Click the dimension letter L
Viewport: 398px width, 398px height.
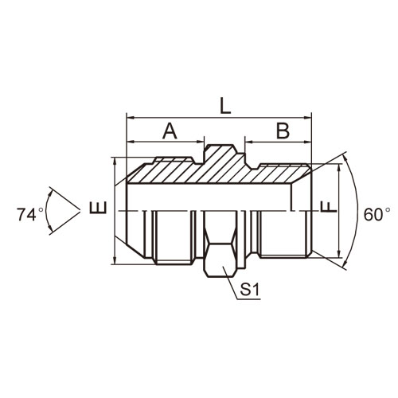tap(225, 107)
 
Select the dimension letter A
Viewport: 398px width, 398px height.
tap(170, 131)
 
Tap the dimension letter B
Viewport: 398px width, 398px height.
tap(283, 131)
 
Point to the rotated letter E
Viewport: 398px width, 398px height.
tap(98, 207)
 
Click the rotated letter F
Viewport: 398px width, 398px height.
tap(329, 207)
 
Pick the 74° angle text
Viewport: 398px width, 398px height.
tap(30, 214)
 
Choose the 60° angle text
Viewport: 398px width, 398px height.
tap(377, 214)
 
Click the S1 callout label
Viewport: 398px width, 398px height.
tap(249, 290)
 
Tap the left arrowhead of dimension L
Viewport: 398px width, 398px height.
tap(131, 117)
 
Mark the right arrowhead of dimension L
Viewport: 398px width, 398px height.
tap(307, 117)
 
